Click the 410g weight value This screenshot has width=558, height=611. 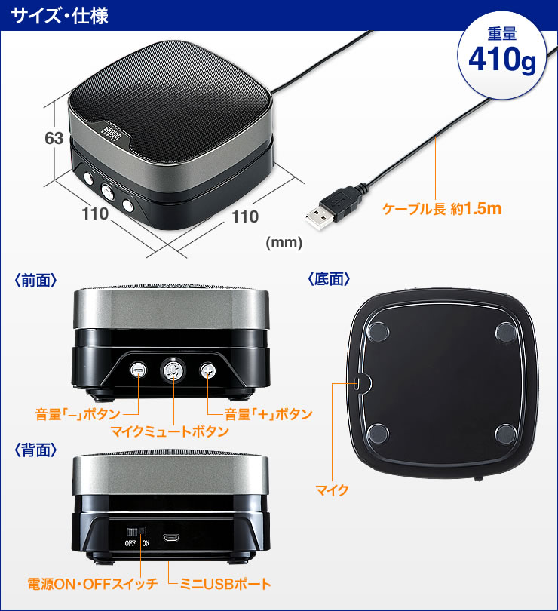(501, 60)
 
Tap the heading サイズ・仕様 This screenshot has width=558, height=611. (59, 15)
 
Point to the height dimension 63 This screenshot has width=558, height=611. (54, 139)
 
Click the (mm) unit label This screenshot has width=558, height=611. (284, 243)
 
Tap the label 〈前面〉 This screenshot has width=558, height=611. (36, 280)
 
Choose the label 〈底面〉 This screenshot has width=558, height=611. (330, 279)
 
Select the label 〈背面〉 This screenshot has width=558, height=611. (36, 450)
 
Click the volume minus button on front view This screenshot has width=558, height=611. (139, 370)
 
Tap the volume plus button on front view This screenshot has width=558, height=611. (207, 370)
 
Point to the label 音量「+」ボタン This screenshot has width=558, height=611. (268, 414)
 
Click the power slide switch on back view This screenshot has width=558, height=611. (136, 532)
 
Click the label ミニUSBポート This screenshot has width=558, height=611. (225, 584)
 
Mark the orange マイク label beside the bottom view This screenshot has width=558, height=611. (333, 491)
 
